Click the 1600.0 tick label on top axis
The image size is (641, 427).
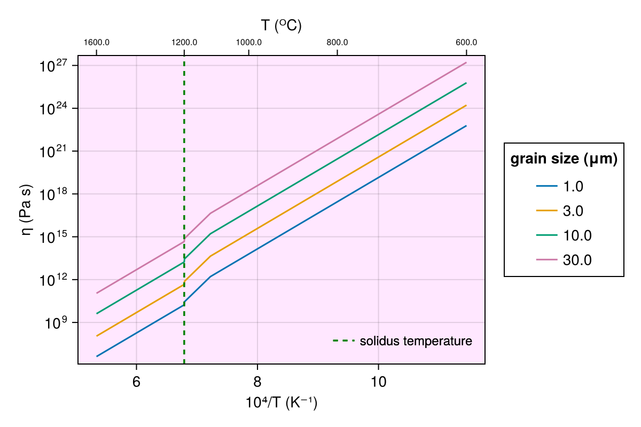pos(97,43)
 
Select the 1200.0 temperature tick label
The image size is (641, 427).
pos(184,43)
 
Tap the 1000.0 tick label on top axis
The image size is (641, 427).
pos(248,43)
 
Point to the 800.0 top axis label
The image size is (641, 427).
pos(337,43)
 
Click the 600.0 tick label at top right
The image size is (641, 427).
pos(466,43)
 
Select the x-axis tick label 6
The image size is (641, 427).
pos(137,383)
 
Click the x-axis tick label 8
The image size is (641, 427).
pos(257,383)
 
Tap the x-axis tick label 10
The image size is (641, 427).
pos(378,383)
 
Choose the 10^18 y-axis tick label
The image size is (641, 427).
pos(52,194)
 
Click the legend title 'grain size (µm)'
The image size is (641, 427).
pos(564,159)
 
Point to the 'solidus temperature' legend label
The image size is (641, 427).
pos(416,341)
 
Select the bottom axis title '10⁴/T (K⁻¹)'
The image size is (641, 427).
pos(282,403)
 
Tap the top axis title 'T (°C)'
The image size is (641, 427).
pos(282,25)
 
